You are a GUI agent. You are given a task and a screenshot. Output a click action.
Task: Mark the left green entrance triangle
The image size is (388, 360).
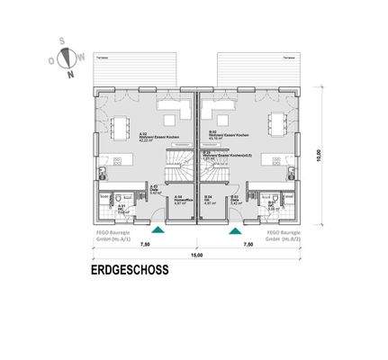(158, 230)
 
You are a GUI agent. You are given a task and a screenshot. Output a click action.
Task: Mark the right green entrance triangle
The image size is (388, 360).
(235, 230)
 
